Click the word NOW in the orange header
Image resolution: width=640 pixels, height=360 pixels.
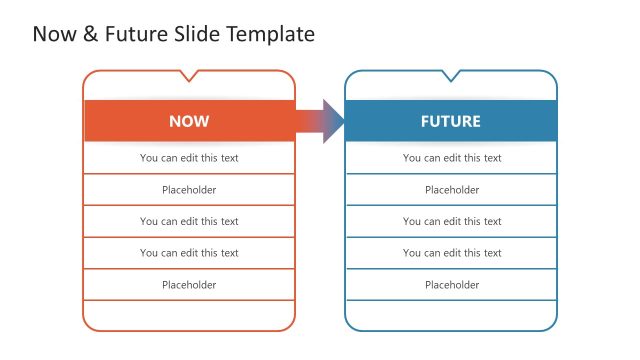pyautogui.click(x=189, y=121)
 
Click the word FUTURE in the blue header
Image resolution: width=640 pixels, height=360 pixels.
pyautogui.click(x=450, y=121)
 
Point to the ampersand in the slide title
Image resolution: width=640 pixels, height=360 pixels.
pyautogui.click(x=90, y=34)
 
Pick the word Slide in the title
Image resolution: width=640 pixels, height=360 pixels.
pyautogui.click(x=197, y=34)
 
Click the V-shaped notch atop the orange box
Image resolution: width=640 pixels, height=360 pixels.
pyautogui.click(x=189, y=76)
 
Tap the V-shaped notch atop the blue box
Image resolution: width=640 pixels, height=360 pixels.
pyautogui.click(x=451, y=76)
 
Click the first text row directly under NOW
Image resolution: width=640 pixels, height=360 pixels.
pyautogui.click(x=189, y=158)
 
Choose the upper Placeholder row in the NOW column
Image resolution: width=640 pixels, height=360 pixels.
pyautogui.click(x=189, y=190)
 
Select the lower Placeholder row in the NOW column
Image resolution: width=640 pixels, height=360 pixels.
pyautogui.click(x=189, y=285)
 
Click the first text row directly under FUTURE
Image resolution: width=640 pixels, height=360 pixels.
pyautogui.click(x=452, y=158)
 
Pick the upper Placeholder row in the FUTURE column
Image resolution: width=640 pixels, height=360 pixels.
pyautogui.click(x=452, y=190)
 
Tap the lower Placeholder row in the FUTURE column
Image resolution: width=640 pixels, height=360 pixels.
pyautogui.click(x=452, y=285)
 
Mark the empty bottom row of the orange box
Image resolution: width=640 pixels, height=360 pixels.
pyautogui.click(x=189, y=314)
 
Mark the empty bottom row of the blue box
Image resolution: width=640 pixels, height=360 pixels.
pyautogui.click(x=452, y=314)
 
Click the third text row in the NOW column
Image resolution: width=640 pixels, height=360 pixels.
pyautogui.click(x=189, y=221)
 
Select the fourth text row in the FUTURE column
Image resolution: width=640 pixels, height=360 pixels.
pyautogui.click(x=452, y=253)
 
